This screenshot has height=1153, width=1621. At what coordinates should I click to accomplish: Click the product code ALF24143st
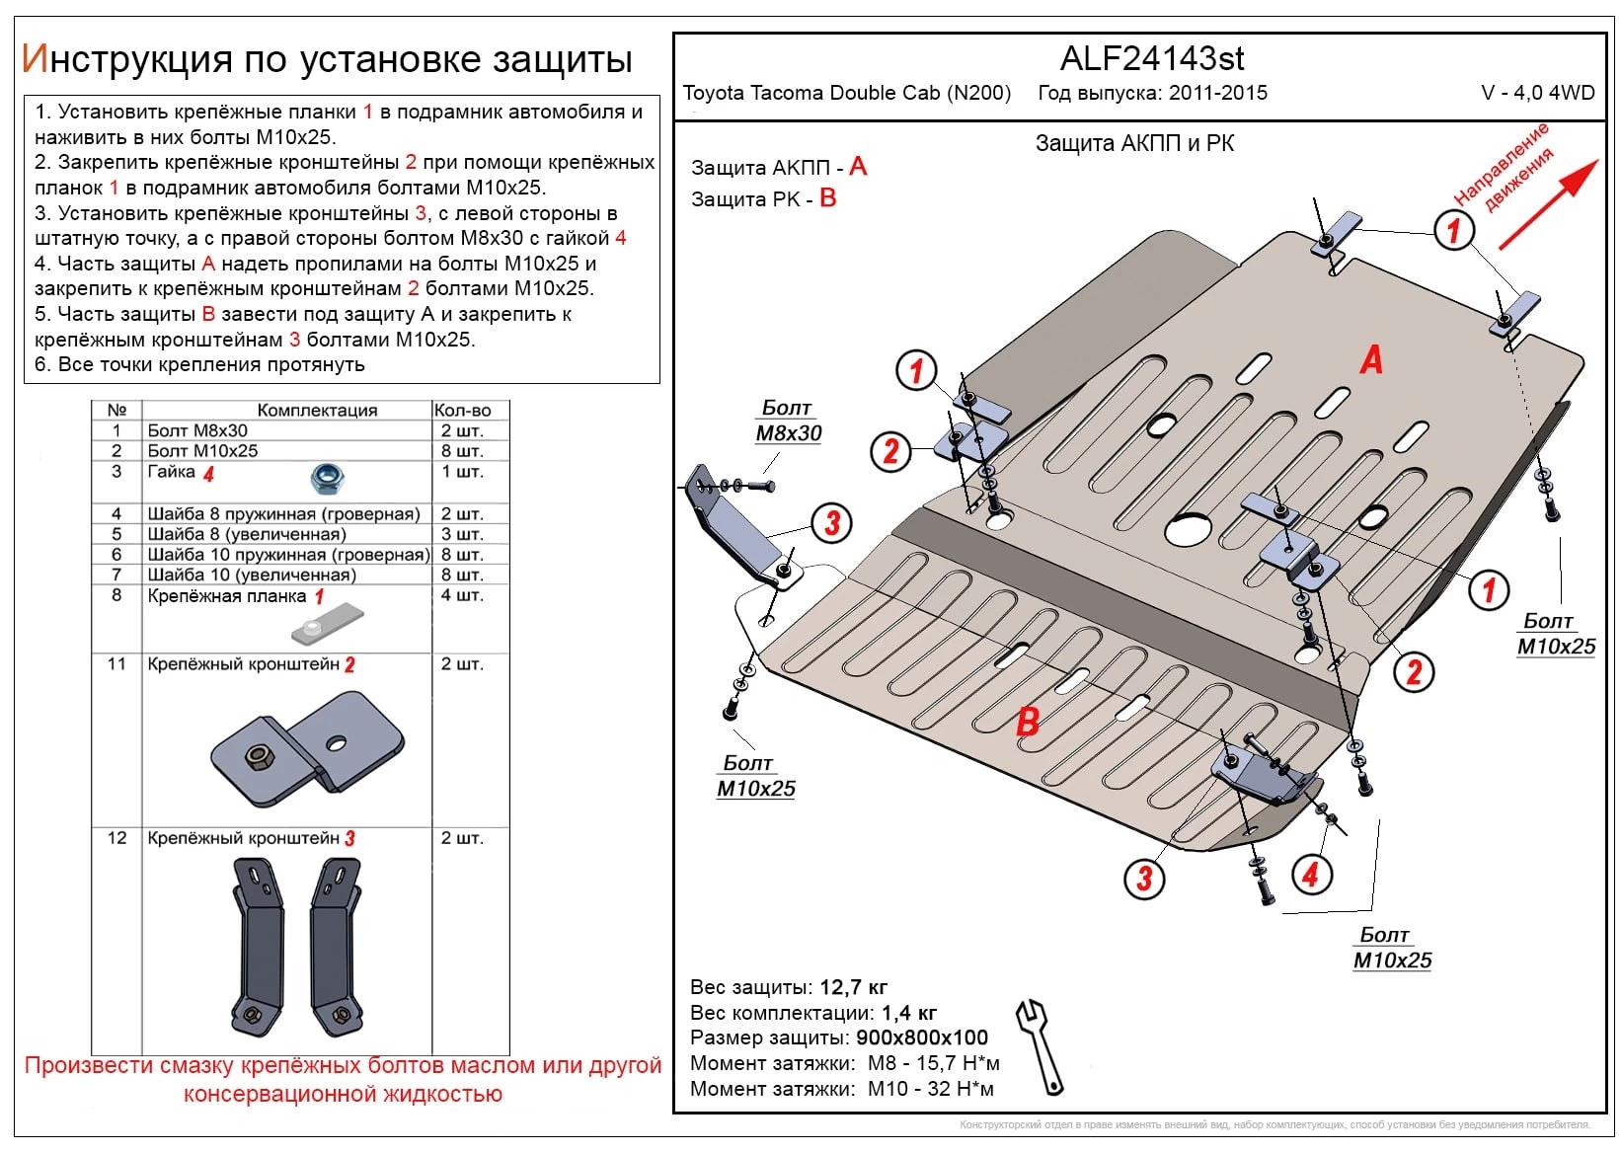pyautogui.click(x=1151, y=59)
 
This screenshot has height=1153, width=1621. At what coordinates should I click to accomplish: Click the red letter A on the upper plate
pyautogui.click(x=1371, y=360)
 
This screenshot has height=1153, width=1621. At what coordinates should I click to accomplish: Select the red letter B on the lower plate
pyautogui.click(x=1028, y=722)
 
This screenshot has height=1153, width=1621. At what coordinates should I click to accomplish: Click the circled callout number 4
pyautogui.click(x=1310, y=874)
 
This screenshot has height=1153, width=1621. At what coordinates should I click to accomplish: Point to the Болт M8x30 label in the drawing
pyautogui.click(x=788, y=421)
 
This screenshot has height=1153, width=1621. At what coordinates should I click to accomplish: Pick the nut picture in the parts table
pyautogui.click(x=326, y=479)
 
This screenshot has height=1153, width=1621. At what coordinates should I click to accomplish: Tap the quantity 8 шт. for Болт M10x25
pyautogui.click(x=461, y=451)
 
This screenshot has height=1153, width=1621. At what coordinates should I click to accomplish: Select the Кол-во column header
pyautogui.click(x=462, y=410)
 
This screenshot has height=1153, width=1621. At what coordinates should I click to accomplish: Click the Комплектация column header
pyautogui.click(x=317, y=410)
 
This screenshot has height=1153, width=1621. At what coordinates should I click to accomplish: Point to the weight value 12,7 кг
pyautogui.click(x=853, y=987)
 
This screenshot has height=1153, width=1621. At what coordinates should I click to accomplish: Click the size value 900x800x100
pyautogui.click(x=922, y=1038)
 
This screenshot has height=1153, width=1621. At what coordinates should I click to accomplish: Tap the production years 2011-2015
pyautogui.click(x=1218, y=93)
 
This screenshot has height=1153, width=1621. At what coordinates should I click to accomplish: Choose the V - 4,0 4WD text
pyautogui.click(x=1537, y=93)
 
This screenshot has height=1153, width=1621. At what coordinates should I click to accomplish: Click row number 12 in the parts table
pyautogui.click(x=116, y=838)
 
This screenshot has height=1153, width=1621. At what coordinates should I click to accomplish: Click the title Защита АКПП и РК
pyautogui.click(x=1134, y=143)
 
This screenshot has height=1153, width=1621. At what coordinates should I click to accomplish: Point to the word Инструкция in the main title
pyautogui.click(x=126, y=59)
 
